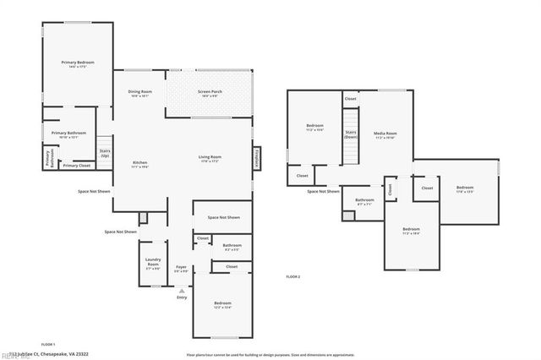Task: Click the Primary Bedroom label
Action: tap(77, 63)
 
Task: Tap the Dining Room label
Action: tap(139, 92)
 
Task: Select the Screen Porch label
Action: tap(209, 92)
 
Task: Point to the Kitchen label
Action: tap(139, 164)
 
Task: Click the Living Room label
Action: tap(210, 158)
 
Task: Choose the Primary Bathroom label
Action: tap(68, 134)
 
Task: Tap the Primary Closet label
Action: tap(76, 166)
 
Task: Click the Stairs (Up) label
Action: tap(105, 154)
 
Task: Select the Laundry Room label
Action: tap(153, 264)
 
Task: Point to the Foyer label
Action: tap(181, 270)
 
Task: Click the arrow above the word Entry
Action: tap(181, 290)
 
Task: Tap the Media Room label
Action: tap(385, 134)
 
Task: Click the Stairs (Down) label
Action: tap(351, 134)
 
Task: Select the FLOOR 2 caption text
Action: tap(293, 276)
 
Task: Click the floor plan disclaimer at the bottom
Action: tap(270, 354)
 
